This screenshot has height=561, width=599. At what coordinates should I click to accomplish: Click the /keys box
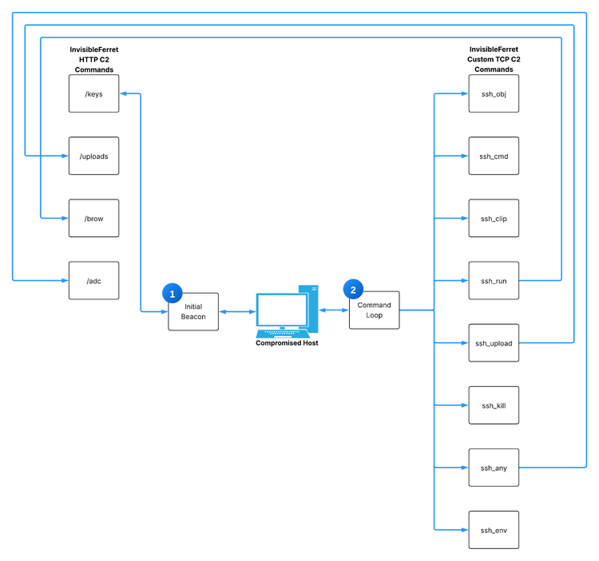pyautogui.click(x=93, y=94)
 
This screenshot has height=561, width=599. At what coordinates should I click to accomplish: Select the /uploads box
pyautogui.click(x=93, y=156)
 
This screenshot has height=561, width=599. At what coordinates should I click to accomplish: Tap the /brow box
pyautogui.click(x=93, y=218)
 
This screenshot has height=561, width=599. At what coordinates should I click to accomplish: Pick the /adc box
pyautogui.click(x=93, y=280)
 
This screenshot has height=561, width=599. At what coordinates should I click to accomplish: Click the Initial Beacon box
pyautogui.click(x=193, y=311)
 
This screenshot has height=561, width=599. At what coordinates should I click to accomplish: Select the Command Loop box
pyautogui.click(x=374, y=310)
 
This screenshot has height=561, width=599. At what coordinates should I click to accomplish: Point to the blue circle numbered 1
pyautogui.click(x=171, y=294)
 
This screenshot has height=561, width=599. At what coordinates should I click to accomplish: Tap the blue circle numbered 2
pyautogui.click(x=352, y=289)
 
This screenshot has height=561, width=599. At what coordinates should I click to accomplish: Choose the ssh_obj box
pyautogui.click(x=494, y=94)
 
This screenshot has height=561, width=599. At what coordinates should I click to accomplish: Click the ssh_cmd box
pyautogui.click(x=494, y=156)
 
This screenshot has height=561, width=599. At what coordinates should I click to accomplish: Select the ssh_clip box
pyautogui.click(x=494, y=218)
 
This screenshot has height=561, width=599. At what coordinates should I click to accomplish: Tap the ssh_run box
pyautogui.click(x=494, y=280)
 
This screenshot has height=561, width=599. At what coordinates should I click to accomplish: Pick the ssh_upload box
pyautogui.click(x=494, y=343)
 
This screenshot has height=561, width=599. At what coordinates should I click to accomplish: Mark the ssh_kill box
pyautogui.click(x=494, y=405)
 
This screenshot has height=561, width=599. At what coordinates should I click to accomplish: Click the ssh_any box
pyautogui.click(x=494, y=468)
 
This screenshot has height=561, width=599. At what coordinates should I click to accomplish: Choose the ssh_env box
pyautogui.click(x=494, y=530)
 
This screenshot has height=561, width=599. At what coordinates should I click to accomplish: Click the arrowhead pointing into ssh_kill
pyautogui.click(x=464, y=405)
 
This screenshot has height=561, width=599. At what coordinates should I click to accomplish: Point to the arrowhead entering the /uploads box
pyautogui.click(x=65, y=156)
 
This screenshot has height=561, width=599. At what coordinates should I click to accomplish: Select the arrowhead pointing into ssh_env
pyautogui.click(x=464, y=530)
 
